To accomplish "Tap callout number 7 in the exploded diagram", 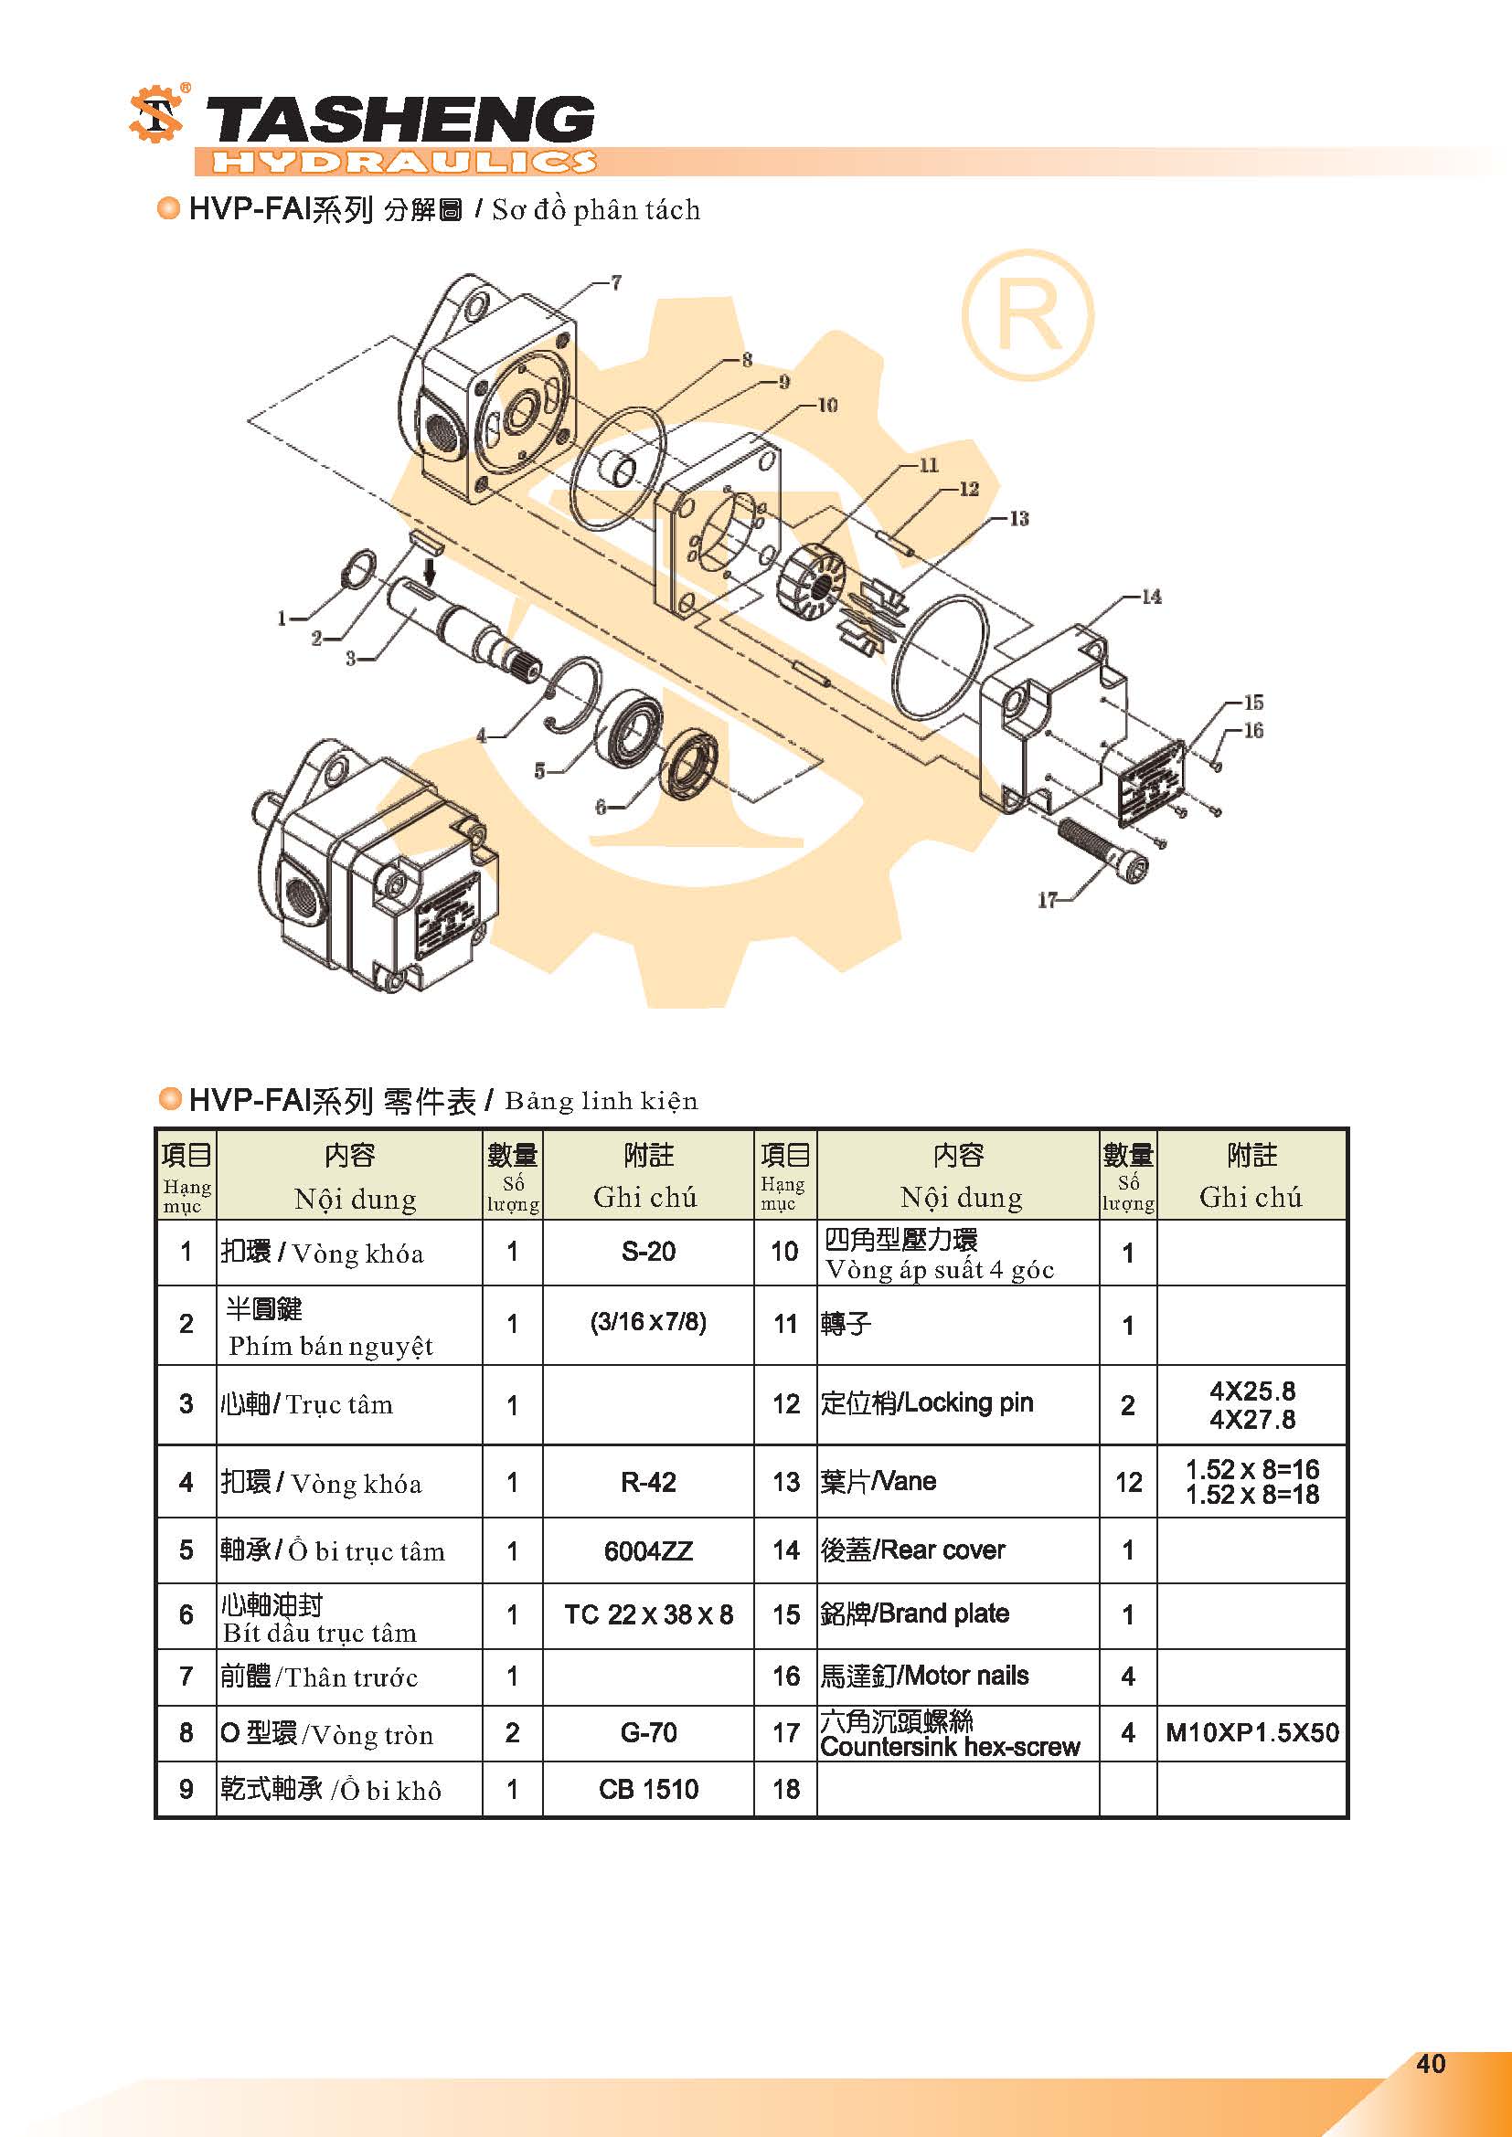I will (x=616, y=282).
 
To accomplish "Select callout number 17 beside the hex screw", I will (x=1048, y=899).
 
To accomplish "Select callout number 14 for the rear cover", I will (x=1152, y=597).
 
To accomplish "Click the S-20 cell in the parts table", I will (x=648, y=1252).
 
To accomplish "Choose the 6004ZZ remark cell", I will (x=648, y=1550).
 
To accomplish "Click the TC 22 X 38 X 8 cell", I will (x=648, y=1614).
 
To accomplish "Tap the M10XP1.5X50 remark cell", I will (x=1252, y=1732).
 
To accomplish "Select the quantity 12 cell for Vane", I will (x=1128, y=1482).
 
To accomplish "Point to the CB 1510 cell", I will (x=648, y=1789).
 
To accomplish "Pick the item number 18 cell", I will (x=786, y=1789).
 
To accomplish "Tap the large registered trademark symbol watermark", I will (x=1027, y=314).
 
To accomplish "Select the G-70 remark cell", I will (x=648, y=1733).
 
